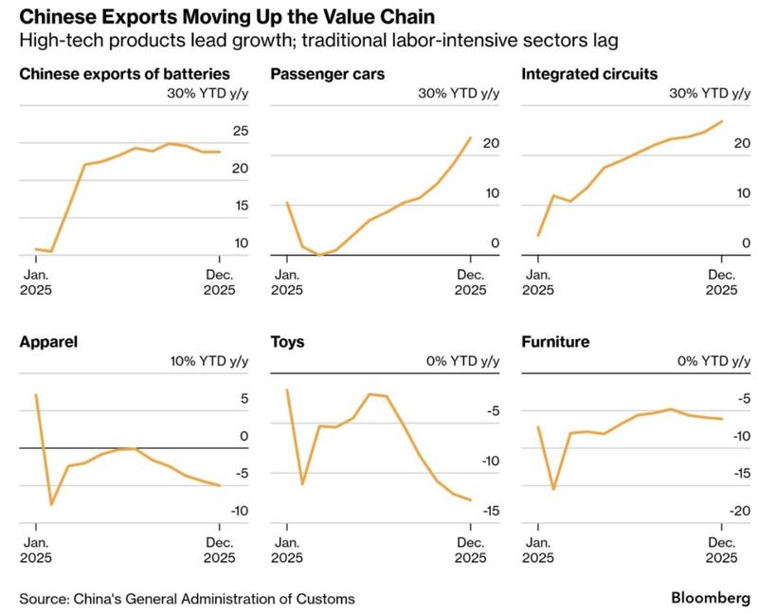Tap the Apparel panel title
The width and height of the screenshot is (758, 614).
point(48,341)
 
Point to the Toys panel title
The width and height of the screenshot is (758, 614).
point(287,341)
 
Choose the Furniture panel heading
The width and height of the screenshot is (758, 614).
point(555,341)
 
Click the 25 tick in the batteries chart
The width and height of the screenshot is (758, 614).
point(240,131)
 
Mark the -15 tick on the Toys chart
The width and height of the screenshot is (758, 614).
point(489,511)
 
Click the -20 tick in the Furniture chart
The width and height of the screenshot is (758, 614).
point(740,511)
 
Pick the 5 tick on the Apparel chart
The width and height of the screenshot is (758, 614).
point(244,399)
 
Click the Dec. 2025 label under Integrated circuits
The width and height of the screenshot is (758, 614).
point(722,282)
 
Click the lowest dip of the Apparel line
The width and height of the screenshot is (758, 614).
point(51,504)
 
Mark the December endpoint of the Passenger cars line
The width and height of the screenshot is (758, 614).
point(471,138)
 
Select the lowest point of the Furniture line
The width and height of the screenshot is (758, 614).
point(553,489)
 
